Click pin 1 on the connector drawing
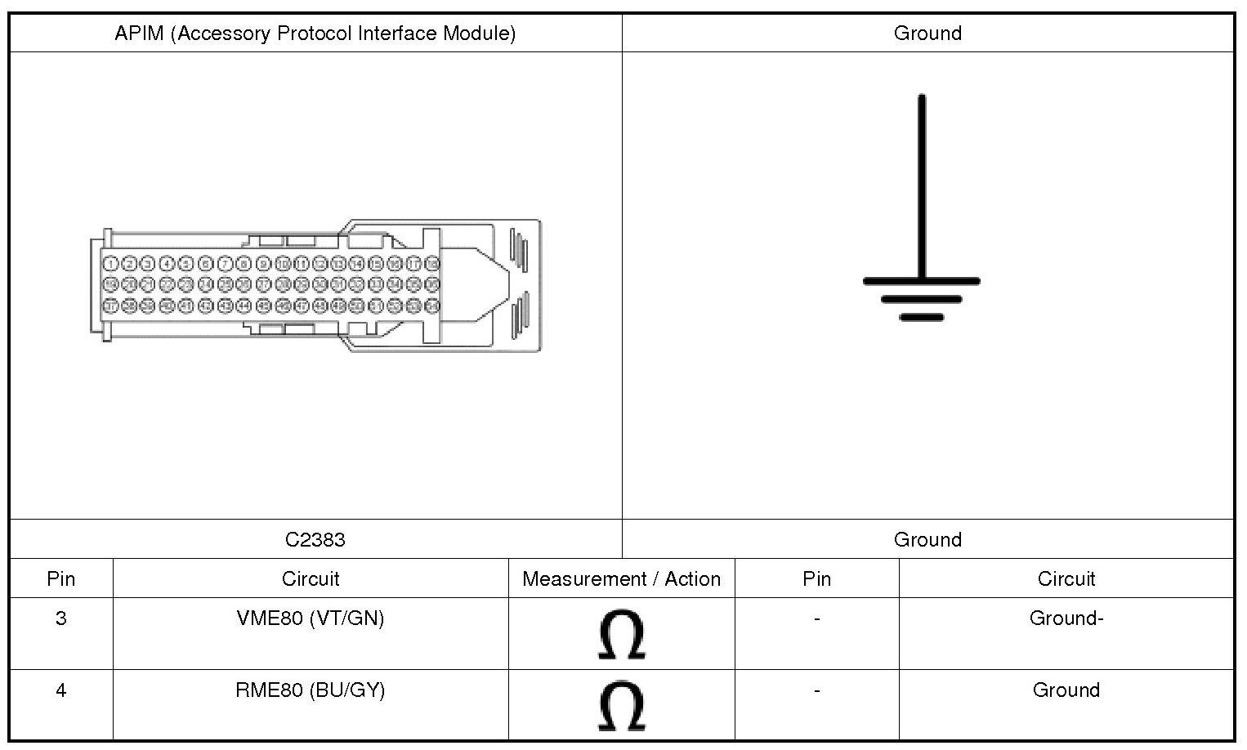110,264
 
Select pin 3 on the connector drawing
148,264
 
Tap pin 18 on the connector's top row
433,264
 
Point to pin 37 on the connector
110,306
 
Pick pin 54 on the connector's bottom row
433,306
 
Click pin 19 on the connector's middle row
110,284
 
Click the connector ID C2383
315,539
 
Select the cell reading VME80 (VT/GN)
311,618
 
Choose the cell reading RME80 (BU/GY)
311,690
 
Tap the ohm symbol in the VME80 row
622,635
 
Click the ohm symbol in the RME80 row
622,706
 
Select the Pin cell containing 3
61,618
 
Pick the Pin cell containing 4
61,690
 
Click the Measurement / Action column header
621,578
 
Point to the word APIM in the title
139,33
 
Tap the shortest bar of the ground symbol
922,317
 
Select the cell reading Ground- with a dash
1066,618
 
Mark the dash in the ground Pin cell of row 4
817,690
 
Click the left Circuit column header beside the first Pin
311,578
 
